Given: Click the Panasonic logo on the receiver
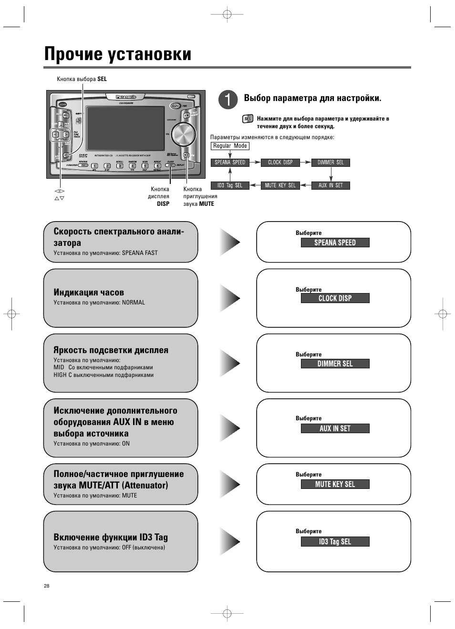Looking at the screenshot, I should pos(126,97).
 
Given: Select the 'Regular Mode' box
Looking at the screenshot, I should pos(230,146).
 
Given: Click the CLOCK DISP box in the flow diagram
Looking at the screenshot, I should pos(280,162).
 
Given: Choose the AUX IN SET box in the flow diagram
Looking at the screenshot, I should pos(331,185).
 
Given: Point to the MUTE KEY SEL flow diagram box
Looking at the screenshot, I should pos(280,185).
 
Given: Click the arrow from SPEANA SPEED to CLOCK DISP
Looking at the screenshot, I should pos(255,162).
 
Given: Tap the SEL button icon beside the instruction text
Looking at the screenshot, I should pos(248,119).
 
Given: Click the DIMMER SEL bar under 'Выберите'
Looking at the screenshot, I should pos(335,364).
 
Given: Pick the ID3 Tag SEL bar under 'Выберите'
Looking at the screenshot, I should pos(335,542).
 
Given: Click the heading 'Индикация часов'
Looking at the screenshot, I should pos(89,292).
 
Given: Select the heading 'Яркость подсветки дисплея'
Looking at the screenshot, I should pos(111,350).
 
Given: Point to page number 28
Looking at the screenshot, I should pos(47,586).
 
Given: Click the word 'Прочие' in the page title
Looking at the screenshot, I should pos(73,54).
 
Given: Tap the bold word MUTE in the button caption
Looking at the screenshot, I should pos(207,203).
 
